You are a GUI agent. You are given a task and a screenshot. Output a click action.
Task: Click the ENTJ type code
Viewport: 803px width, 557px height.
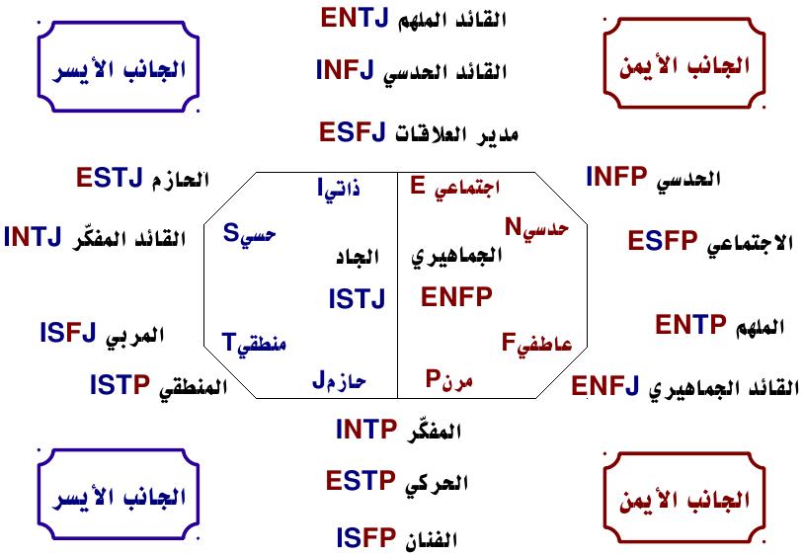355,18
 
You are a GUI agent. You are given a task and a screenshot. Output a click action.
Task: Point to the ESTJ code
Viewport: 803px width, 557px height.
109,179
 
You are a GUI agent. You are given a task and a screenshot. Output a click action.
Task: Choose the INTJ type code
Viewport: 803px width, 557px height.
38,237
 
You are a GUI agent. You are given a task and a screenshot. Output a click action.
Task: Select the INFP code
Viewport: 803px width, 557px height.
616,177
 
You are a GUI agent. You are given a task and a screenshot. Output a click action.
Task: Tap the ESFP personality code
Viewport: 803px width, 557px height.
664,241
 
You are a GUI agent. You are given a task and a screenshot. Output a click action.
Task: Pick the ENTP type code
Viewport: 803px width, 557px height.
690,324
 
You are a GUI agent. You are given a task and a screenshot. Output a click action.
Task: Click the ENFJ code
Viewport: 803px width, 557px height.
606,386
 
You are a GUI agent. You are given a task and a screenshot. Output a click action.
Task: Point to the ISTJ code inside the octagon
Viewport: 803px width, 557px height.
357,298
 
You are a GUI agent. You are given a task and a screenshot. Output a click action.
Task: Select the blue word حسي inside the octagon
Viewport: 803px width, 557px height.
259,235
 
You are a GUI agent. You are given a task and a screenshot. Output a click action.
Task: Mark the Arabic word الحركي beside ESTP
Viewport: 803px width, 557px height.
439,484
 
